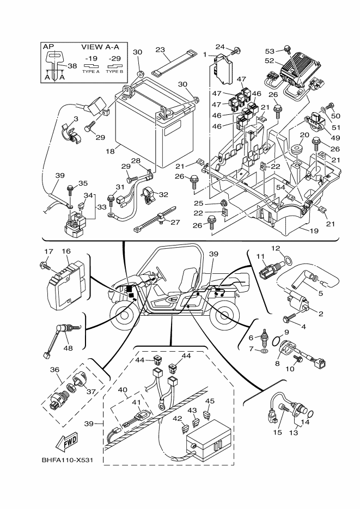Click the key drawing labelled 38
(x=55, y=62)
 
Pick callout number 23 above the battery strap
(x=160, y=50)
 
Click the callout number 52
(x=284, y=61)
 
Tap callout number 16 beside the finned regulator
(x=66, y=252)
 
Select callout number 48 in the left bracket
(x=68, y=349)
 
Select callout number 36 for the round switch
(x=55, y=370)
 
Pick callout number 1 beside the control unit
(x=205, y=54)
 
